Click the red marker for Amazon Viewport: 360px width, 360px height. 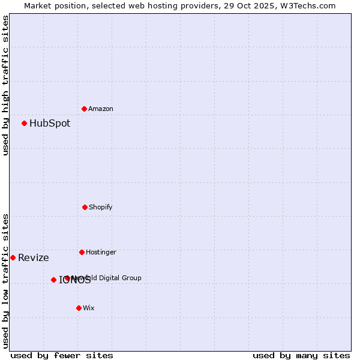[x=85, y=109]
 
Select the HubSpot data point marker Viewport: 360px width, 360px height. [x=25, y=123]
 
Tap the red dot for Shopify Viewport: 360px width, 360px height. [x=85, y=207]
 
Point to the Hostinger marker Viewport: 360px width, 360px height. [x=82, y=252]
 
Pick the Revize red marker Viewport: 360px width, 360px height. [x=13, y=257]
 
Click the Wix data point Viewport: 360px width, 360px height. [x=79, y=308]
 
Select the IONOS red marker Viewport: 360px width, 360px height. [x=53, y=280]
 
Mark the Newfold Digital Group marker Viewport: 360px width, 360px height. [x=67, y=278]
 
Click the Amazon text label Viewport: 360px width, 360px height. [x=101, y=109]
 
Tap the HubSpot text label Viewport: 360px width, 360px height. [x=50, y=124]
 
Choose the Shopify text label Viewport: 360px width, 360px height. [x=101, y=207]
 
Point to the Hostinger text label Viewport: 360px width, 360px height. [x=101, y=252]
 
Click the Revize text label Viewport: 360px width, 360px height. [x=34, y=258]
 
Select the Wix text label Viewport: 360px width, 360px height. [x=89, y=308]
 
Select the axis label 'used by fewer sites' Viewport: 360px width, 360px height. [x=62, y=355]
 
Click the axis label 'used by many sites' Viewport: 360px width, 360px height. [x=301, y=355]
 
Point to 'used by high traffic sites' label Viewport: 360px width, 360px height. [x=5, y=85]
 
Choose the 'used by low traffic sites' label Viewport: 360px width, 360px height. [x=5, y=281]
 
